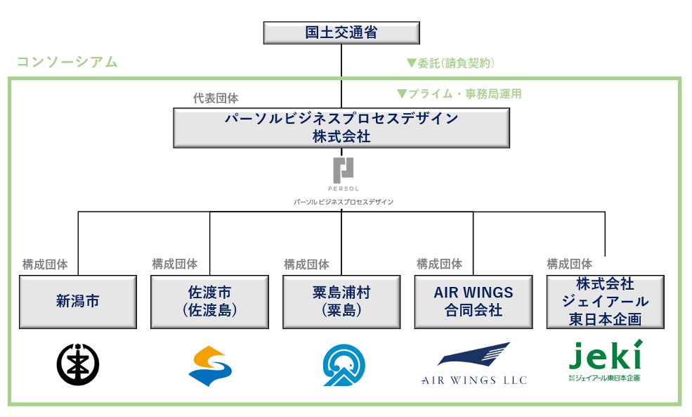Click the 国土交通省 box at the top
click(341, 33)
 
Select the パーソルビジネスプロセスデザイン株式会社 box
click(341, 127)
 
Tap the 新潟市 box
click(77, 302)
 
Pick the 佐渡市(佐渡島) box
click(209, 302)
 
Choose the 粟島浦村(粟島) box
click(341, 302)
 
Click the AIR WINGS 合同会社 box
click(473, 302)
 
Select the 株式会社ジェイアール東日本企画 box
click(604, 302)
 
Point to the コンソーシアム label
click(67, 62)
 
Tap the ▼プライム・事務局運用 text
click(459, 94)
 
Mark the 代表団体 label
click(216, 98)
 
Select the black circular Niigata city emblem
click(77, 364)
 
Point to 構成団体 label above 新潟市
click(45, 264)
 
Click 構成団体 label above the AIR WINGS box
click(439, 264)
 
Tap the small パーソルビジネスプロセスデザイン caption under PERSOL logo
click(343, 202)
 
